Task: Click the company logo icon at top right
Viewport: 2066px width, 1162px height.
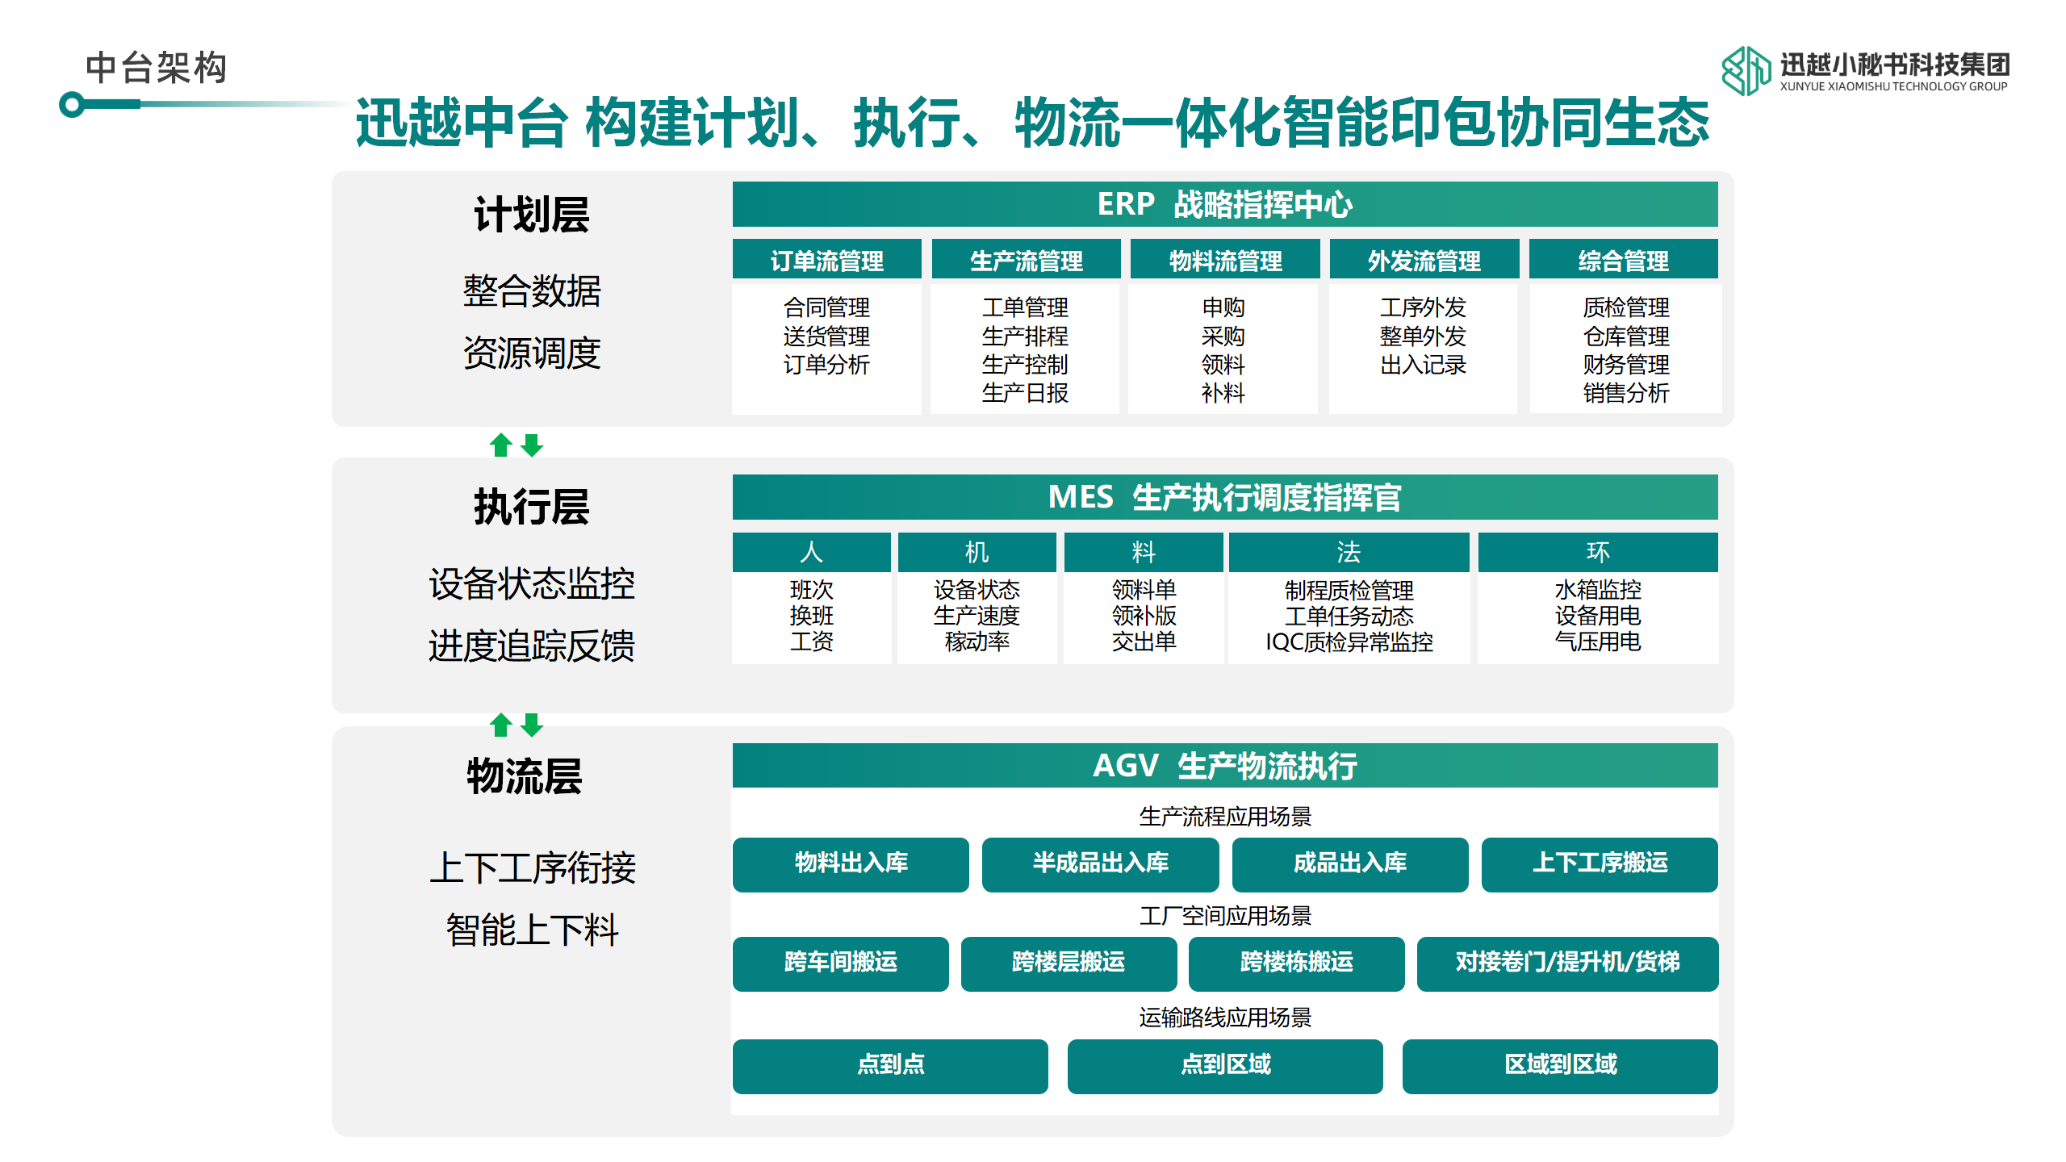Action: click(1746, 70)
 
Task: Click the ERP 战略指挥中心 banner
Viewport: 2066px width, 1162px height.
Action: click(1225, 204)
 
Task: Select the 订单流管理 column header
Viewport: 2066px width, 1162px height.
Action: click(826, 259)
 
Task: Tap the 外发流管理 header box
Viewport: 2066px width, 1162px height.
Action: click(1424, 259)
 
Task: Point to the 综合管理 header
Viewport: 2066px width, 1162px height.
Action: click(1623, 259)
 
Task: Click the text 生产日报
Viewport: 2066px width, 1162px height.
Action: click(1025, 393)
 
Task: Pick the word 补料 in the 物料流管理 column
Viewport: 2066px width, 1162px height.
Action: click(1223, 393)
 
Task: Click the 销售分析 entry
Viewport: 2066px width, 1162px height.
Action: click(1625, 393)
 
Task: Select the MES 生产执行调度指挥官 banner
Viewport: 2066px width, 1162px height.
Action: click(1225, 497)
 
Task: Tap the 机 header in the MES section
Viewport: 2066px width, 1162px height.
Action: click(977, 552)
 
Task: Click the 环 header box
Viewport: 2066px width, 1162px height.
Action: click(1598, 552)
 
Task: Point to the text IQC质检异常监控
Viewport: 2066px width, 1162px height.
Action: click(1349, 642)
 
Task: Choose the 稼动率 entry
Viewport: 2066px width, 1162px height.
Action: click(977, 642)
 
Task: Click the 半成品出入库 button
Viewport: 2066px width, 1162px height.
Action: click(1100, 864)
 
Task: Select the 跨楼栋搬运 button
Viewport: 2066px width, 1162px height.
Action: click(1296, 963)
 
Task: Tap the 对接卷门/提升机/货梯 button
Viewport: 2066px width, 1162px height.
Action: click(1567, 963)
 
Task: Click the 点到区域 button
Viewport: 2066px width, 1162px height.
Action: click(1225, 1066)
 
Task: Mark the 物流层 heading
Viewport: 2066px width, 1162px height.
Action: click(525, 776)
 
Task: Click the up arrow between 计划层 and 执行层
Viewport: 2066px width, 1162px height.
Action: click(501, 445)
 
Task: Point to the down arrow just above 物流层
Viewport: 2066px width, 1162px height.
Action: click(532, 725)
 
